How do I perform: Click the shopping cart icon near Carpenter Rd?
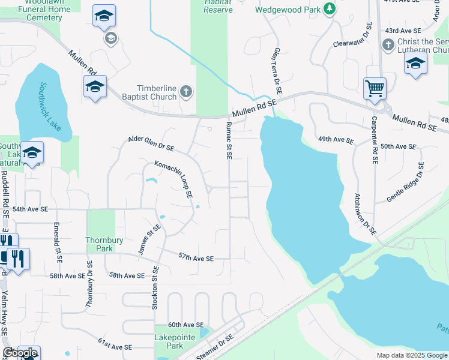(375, 89)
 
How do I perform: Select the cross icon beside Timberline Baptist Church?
(186, 92)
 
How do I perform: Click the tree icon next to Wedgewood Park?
(329, 8)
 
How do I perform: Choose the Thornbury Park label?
(100, 244)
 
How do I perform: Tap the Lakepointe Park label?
(175, 341)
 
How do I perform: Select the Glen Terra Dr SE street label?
(277, 71)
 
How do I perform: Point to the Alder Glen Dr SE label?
(151, 143)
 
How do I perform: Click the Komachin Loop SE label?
(173, 179)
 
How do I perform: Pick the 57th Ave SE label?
(196, 257)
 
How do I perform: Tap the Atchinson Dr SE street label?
(364, 213)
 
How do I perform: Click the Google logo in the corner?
(19, 353)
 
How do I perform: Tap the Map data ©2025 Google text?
(411, 355)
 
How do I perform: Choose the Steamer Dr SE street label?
(214, 347)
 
